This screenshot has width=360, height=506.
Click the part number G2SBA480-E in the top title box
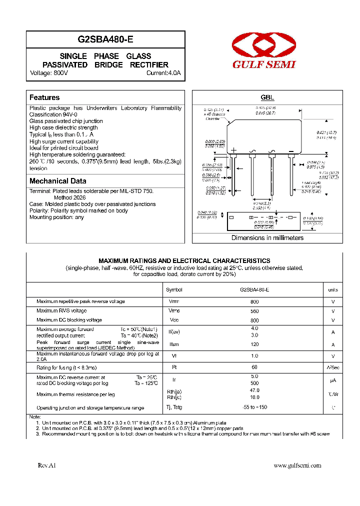pyautogui.click(x=105, y=39)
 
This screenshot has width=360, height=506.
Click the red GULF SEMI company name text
pyautogui.click(x=263, y=64)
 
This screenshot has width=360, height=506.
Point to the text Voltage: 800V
pyautogui.click(x=49, y=73)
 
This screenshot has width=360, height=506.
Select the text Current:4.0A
pyautogui.click(x=163, y=73)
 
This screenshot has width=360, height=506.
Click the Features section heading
pyautogui.click(x=44, y=97)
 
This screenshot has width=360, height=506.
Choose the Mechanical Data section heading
pyautogui.click(x=58, y=181)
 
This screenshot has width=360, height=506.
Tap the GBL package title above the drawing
pyautogui.click(x=267, y=98)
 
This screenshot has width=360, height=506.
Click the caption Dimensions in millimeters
pyautogui.click(x=267, y=237)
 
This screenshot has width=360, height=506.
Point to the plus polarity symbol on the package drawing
pyautogui.click(x=233, y=150)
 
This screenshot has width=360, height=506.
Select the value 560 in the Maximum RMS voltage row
pyautogui.click(x=254, y=311)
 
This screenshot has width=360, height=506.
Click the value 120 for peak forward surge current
pyautogui.click(x=254, y=344)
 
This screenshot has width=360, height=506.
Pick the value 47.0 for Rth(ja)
pyautogui.click(x=254, y=390)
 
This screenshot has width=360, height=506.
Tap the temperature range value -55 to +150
pyautogui.click(x=254, y=407)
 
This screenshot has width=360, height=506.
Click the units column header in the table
pyautogui.click(x=332, y=289)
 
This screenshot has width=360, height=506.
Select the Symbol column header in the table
pyautogui.click(x=174, y=289)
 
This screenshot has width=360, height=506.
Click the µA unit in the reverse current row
pyautogui.click(x=332, y=380)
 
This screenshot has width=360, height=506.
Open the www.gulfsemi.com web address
pyautogui.click(x=297, y=465)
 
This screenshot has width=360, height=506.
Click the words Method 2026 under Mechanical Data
pyautogui.click(x=62, y=197)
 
